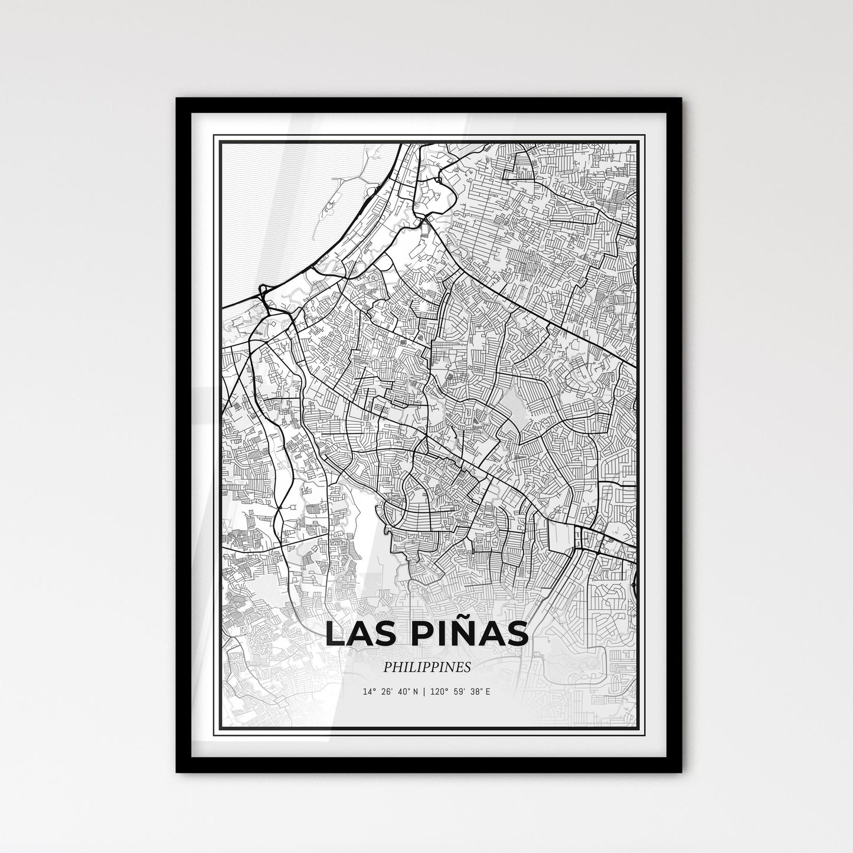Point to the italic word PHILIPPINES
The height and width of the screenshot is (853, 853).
click(x=426, y=668)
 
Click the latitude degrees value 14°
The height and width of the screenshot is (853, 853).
click(x=370, y=692)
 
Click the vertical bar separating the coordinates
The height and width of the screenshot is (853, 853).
click(x=425, y=692)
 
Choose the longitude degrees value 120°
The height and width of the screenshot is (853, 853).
click(x=439, y=692)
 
